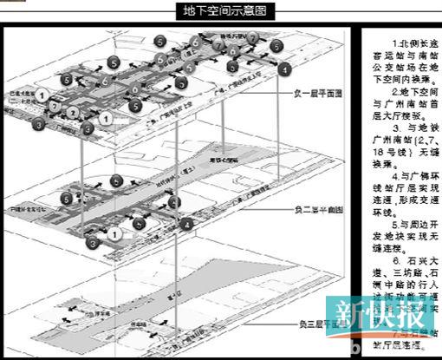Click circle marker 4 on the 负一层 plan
coord(285,68)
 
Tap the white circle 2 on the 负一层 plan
coord(55,104)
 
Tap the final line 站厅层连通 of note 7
coord(400,343)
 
